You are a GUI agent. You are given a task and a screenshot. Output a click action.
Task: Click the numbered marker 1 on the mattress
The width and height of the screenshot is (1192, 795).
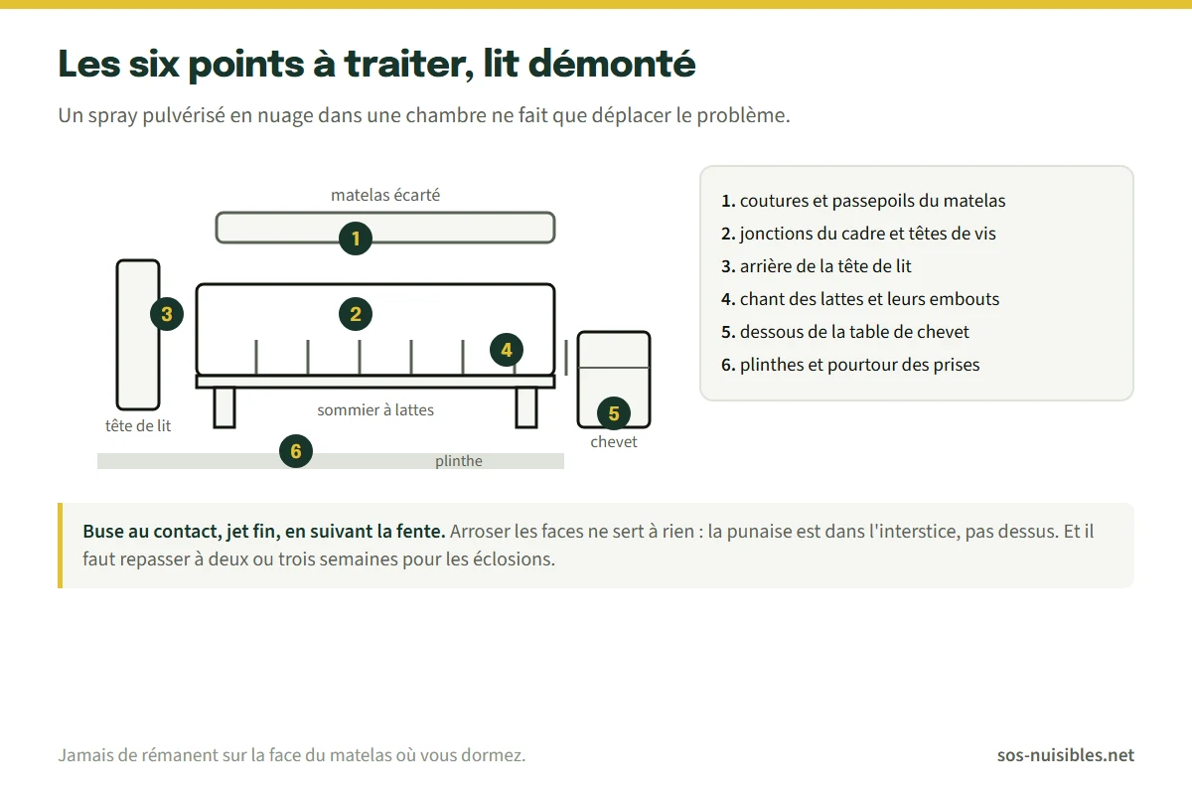click(x=356, y=238)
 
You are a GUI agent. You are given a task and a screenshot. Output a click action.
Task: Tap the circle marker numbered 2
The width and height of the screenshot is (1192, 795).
click(x=356, y=314)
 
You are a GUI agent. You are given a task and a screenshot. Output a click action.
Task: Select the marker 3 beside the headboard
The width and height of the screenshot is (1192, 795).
click(x=167, y=314)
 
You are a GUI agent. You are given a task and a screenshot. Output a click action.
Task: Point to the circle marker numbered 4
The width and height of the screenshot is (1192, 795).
click(x=506, y=350)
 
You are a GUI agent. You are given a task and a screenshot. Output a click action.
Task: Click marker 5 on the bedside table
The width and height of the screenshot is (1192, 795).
click(x=614, y=413)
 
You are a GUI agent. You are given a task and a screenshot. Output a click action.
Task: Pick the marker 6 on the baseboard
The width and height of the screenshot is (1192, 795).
click(x=296, y=451)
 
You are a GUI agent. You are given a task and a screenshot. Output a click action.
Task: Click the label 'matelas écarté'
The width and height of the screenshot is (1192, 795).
click(x=385, y=195)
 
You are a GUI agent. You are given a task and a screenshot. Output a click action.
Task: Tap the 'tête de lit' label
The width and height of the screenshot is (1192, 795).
click(x=138, y=425)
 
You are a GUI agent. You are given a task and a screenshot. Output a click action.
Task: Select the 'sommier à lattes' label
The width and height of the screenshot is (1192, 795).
click(x=375, y=409)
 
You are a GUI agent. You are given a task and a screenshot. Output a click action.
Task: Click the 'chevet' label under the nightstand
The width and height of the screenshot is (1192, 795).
click(x=614, y=441)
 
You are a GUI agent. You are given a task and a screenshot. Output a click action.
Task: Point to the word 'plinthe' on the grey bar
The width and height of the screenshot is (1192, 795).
click(x=459, y=460)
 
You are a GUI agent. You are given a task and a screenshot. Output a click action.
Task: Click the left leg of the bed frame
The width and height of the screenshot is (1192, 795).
click(x=224, y=407)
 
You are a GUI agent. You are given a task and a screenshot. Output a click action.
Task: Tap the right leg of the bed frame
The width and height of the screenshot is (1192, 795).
click(x=526, y=407)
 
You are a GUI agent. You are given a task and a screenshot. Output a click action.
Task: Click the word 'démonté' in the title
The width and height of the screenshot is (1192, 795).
click(x=612, y=64)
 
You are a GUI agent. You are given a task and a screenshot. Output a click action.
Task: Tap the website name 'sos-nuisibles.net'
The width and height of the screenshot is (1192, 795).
click(x=1065, y=754)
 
